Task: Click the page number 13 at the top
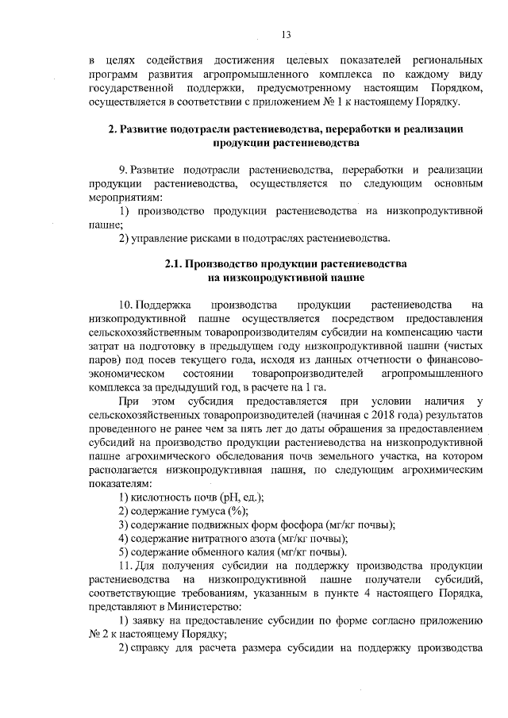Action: (287, 33)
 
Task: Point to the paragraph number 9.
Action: (123, 170)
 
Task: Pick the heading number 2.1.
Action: (175, 263)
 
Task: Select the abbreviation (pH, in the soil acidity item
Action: (207, 497)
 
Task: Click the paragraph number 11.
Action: (125, 566)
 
